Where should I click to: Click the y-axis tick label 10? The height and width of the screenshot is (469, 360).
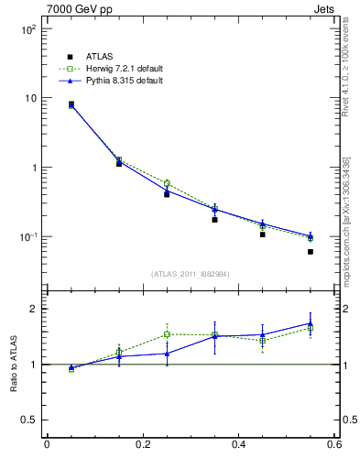coord(31,98)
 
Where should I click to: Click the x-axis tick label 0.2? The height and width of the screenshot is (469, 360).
coord(142,445)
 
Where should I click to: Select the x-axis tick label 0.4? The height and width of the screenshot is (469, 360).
coord(238,445)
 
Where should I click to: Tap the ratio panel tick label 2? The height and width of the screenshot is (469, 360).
coord(33,309)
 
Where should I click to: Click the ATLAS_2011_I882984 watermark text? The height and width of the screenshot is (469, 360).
coord(190,273)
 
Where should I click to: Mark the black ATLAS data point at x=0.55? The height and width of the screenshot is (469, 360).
coord(311,252)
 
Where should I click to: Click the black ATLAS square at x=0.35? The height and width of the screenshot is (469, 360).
coord(214,220)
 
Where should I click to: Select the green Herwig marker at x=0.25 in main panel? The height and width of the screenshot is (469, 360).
coord(167,183)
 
